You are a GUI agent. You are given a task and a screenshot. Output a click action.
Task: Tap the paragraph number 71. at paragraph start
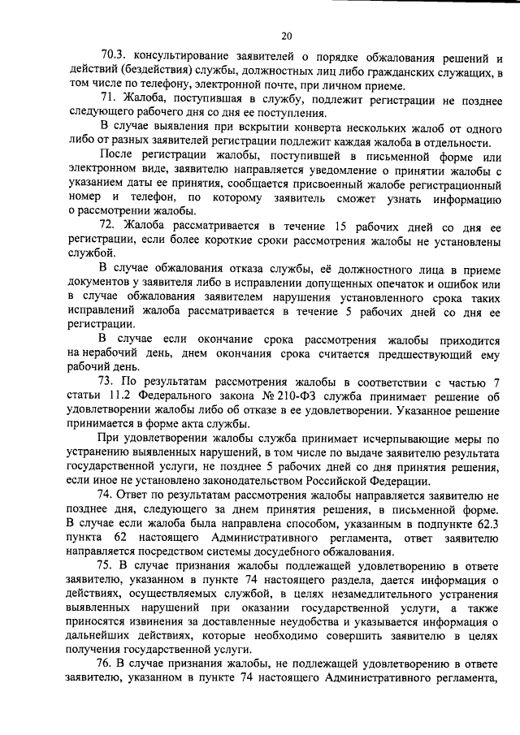[x=111, y=100]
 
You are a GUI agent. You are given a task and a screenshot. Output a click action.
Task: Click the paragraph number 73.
[x=110, y=383]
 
